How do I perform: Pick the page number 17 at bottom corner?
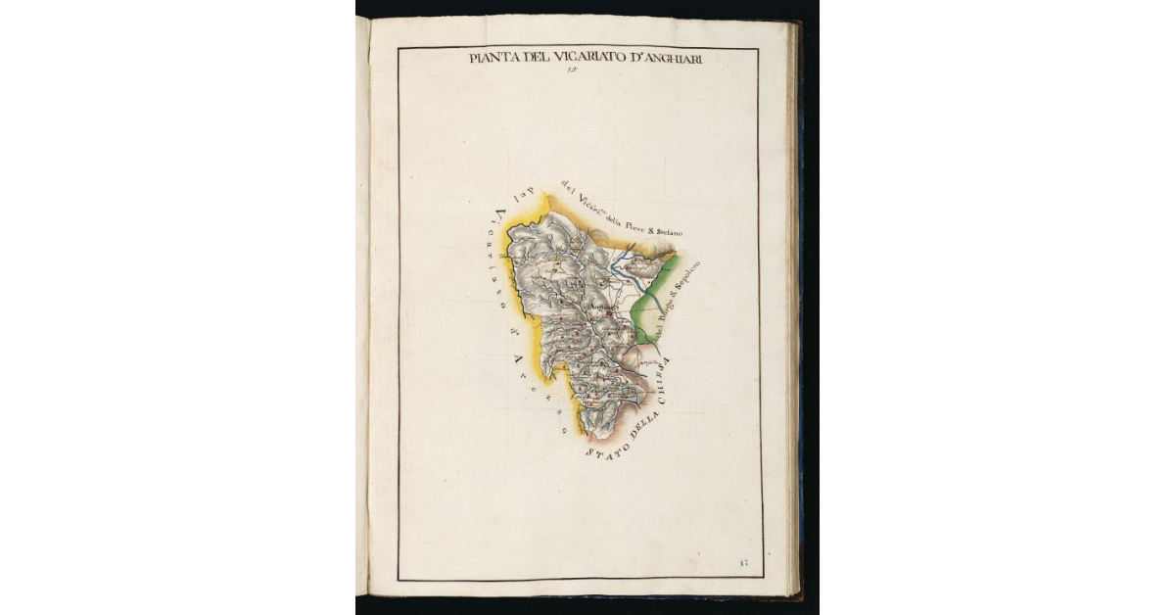(x=744, y=561)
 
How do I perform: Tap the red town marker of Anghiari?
(x=609, y=315)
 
